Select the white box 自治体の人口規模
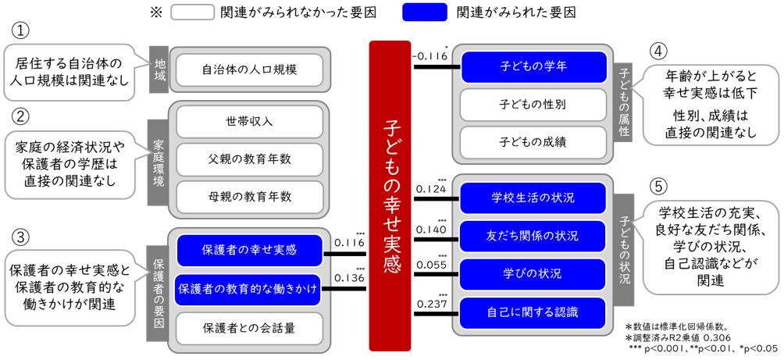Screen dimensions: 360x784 click(x=249, y=70)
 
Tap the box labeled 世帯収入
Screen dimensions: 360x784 click(x=249, y=122)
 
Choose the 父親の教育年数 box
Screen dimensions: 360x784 click(x=249, y=159)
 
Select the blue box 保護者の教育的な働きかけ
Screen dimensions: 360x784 click(x=248, y=289)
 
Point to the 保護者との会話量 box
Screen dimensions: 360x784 click(x=249, y=326)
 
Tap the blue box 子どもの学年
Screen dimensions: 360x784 click(x=533, y=66)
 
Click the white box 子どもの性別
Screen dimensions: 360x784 click(x=533, y=104)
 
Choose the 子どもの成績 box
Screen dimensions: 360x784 click(x=533, y=141)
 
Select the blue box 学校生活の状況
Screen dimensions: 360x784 click(x=533, y=198)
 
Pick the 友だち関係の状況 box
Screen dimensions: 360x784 click(x=533, y=235)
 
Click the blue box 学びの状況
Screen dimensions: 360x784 click(x=533, y=273)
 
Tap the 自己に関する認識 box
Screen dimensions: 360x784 click(x=533, y=312)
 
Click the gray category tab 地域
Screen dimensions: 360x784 click(x=159, y=70)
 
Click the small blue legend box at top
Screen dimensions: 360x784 click(x=424, y=12)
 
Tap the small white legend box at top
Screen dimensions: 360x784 click(x=192, y=12)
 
